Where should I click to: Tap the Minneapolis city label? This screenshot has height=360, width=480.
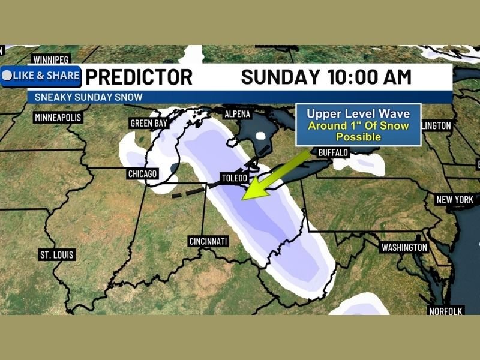[x=58, y=117]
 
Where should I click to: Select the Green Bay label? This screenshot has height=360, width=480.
[x=148, y=124]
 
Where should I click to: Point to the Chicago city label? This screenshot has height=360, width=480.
[x=142, y=174]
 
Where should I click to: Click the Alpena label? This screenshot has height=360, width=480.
[x=236, y=114]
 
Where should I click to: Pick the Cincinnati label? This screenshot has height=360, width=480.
[x=208, y=241]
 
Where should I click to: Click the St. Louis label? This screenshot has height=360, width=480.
[x=57, y=255]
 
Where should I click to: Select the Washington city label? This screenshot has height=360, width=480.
[x=404, y=247]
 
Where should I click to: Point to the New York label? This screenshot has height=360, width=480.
[x=455, y=200]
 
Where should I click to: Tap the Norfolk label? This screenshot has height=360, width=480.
[x=445, y=311]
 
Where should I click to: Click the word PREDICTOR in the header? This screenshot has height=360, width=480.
[x=139, y=77]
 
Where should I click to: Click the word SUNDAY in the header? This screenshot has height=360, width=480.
[x=280, y=77]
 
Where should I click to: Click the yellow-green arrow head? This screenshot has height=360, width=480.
[x=251, y=191]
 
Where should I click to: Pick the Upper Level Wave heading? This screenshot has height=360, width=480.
[x=358, y=113]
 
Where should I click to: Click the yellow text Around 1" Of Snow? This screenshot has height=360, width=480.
[x=358, y=125]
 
